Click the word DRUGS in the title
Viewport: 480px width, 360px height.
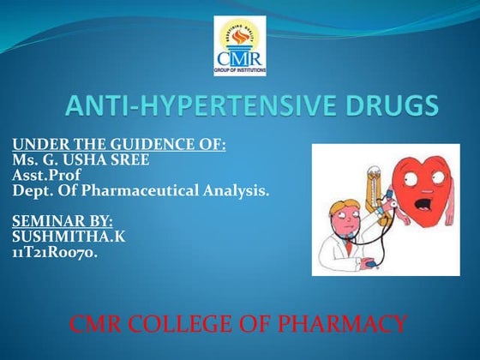pos(387,108)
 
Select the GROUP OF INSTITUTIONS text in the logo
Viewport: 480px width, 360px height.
pos(240,69)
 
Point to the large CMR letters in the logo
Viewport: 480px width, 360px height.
pos(240,57)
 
